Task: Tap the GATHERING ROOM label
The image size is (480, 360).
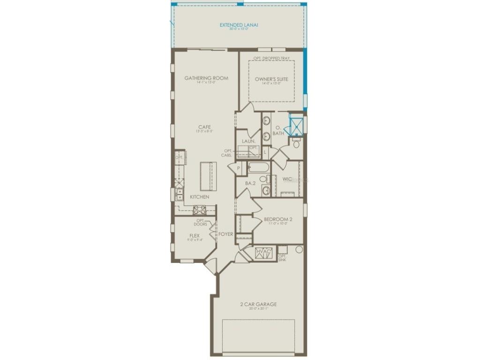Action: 206,78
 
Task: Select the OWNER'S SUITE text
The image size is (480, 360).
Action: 271,79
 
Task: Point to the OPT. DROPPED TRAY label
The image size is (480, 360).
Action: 271,58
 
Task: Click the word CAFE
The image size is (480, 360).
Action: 204,127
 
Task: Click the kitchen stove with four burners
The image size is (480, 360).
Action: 200,210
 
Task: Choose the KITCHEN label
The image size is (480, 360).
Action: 200,197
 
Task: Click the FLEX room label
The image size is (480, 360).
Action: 195,235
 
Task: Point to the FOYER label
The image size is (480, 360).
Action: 225,234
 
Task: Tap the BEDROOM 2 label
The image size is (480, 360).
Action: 278,219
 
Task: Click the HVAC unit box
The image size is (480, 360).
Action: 263,253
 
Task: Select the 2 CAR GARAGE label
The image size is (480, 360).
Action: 258,304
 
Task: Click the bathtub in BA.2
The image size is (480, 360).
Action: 258,167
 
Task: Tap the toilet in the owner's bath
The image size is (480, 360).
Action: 296,143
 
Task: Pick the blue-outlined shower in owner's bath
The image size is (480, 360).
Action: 297,126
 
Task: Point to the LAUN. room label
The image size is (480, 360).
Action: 248,141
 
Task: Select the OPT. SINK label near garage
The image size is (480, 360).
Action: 282,258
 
